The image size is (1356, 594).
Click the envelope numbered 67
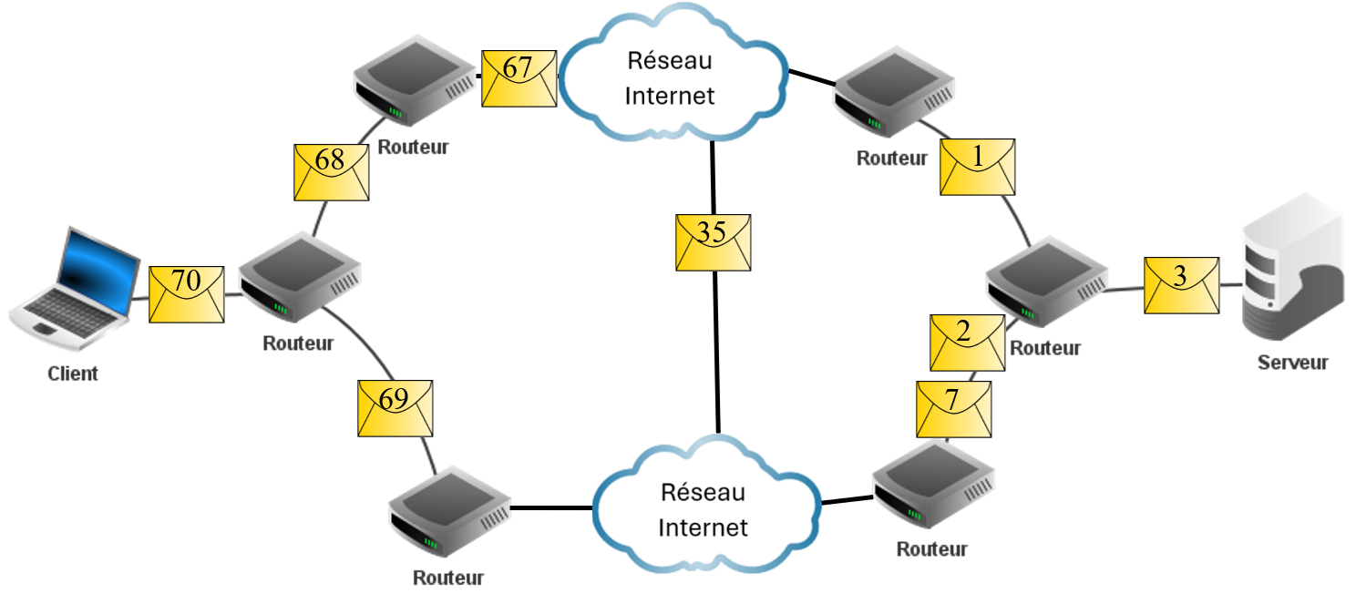click(x=519, y=78)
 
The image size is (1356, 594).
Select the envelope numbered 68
click(x=331, y=171)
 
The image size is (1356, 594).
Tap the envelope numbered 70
click(x=187, y=293)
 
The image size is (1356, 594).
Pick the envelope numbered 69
click(x=395, y=407)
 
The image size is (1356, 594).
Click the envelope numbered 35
click(x=713, y=242)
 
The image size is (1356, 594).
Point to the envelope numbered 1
click(x=978, y=167)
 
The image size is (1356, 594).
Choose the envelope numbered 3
click(x=1181, y=286)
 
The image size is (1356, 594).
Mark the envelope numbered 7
click(x=953, y=409)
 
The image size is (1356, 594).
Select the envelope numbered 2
click(x=966, y=343)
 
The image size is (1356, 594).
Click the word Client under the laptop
click(x=73, y=374)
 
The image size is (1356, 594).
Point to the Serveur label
click(x=1292, y=363)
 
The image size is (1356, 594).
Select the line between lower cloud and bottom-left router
click(x=550, y=507)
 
